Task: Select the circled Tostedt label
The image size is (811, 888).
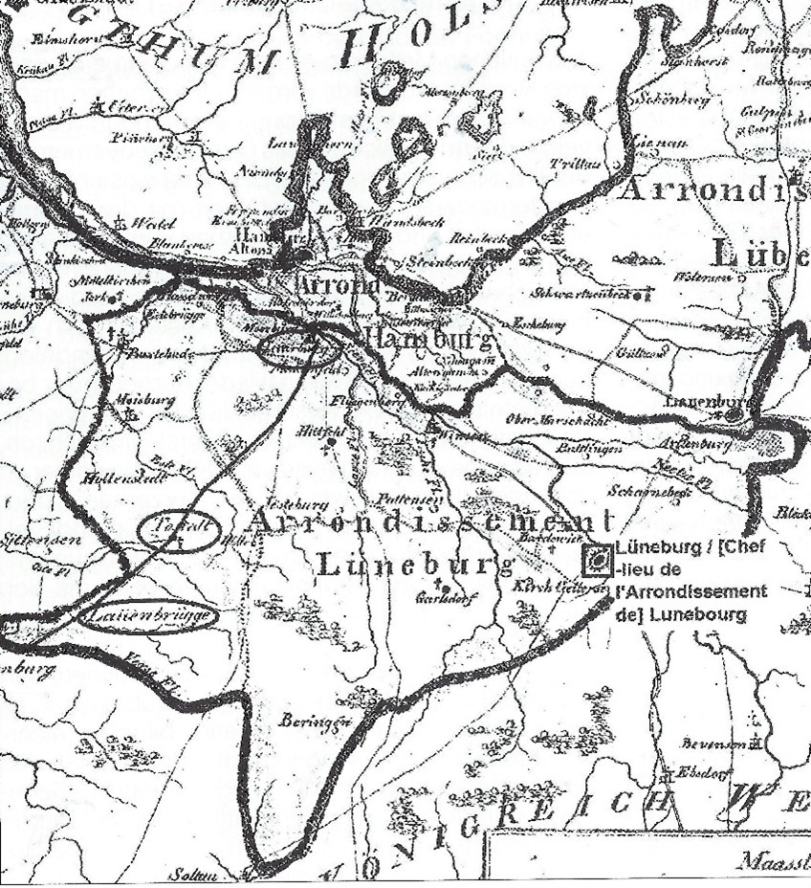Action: click(x=178, y=532)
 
